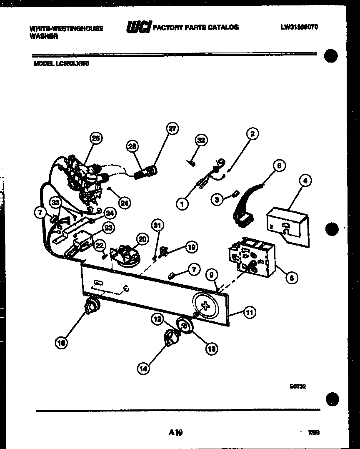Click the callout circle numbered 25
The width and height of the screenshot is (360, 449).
pyautogui.click(x=96, y=139)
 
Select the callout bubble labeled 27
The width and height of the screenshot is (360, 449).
pyautogui.click(x=172, y=129)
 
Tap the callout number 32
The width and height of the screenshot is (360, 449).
pyautogui.click(x=201, y=140)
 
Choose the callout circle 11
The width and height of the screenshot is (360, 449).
pyautogui.click(x=249, y=312)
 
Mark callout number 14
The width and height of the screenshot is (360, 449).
pyautogui.click(x=143, y=368)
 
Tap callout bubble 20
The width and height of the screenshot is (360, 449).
pyautogui.click(x=142, y=239)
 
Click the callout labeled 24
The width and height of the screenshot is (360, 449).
pyautogui.click(x=124, y=203)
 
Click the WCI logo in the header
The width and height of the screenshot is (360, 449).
pyautogui.click(x=139, y=27)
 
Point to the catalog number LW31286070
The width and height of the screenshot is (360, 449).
pyautogui.click(x=299, y=27)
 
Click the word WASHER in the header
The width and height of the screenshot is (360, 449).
pyautogui.click(x=44, y=36)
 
